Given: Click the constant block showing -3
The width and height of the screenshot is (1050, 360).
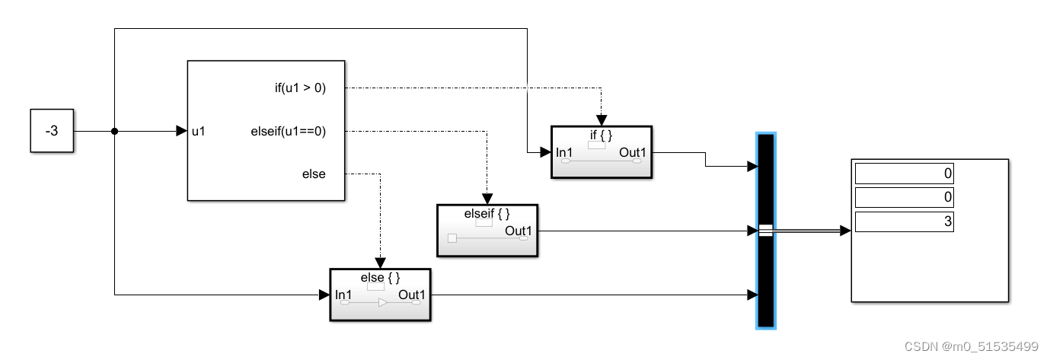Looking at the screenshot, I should [x=52, y=131].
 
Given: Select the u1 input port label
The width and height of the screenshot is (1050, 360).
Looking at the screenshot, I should [x=198, y=131].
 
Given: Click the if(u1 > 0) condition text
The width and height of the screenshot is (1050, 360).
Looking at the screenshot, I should [x=300, y=88].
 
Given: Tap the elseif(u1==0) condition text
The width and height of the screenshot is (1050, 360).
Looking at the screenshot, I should [x=288, y=131].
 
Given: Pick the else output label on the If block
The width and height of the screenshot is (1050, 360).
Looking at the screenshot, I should [x=314, y=174].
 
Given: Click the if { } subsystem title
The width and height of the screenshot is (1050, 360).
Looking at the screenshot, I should [x=601, y=135].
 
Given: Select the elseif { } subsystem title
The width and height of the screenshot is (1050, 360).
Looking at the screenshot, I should [x=487, y=214].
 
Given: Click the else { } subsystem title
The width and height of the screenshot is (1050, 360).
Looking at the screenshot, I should [x=380, y=278].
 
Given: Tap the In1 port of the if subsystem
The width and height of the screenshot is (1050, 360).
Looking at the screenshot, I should [x=564, y=152].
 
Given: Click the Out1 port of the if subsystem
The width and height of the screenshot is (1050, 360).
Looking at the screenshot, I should [x=633, y=152].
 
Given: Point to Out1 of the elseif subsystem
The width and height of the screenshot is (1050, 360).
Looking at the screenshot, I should [x=519, y=231].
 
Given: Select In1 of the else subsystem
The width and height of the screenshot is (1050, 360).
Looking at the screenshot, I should [x=343, y=295].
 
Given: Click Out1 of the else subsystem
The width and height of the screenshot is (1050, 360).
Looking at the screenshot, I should [x=412, y=295].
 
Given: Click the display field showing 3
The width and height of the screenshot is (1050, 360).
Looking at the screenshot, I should [x=904, y=221].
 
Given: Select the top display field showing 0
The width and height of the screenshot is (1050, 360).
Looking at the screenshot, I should [x=904, y=174].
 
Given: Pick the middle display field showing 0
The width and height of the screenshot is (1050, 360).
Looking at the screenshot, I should [x=904, y=198].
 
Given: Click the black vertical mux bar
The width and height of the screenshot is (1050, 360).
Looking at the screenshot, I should [x=765, y=274].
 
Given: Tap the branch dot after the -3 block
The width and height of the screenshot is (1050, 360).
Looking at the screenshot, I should [x=114, y=131].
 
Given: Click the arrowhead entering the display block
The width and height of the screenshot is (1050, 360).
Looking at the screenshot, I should [x=844, y=231].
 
